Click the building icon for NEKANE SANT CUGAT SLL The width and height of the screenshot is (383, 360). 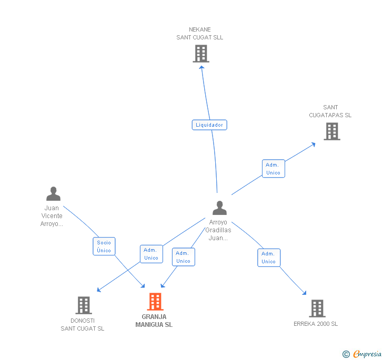(200, 53)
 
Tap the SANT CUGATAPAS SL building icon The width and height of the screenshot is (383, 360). (332, 131)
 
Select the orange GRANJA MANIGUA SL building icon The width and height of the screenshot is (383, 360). (155, 302)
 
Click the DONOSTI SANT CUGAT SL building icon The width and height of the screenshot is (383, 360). (83, 305)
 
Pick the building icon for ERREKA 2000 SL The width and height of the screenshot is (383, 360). (317, 308)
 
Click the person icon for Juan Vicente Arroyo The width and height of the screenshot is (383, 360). (53, 194)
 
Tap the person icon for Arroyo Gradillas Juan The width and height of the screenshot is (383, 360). (219, 208)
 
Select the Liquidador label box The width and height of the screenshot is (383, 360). (209, 125)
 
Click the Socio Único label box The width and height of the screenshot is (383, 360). (104, 246)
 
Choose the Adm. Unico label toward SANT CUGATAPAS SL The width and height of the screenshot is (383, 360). (273, 169)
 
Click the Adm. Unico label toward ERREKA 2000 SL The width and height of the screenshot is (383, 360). (268, 258)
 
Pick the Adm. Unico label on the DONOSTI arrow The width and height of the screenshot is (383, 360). (151, 254)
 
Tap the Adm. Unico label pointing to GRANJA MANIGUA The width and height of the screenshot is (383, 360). (183, 257)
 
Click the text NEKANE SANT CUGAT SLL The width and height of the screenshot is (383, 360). (200, 34)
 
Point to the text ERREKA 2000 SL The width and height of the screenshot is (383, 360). (316, 324)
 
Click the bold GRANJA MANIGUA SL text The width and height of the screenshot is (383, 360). (154, 321)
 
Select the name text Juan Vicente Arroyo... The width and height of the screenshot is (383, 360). (52, 216)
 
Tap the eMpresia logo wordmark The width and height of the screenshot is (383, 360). (367, 354)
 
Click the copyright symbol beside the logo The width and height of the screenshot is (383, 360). (346, 354)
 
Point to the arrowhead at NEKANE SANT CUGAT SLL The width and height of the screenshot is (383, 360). (201, 67)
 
